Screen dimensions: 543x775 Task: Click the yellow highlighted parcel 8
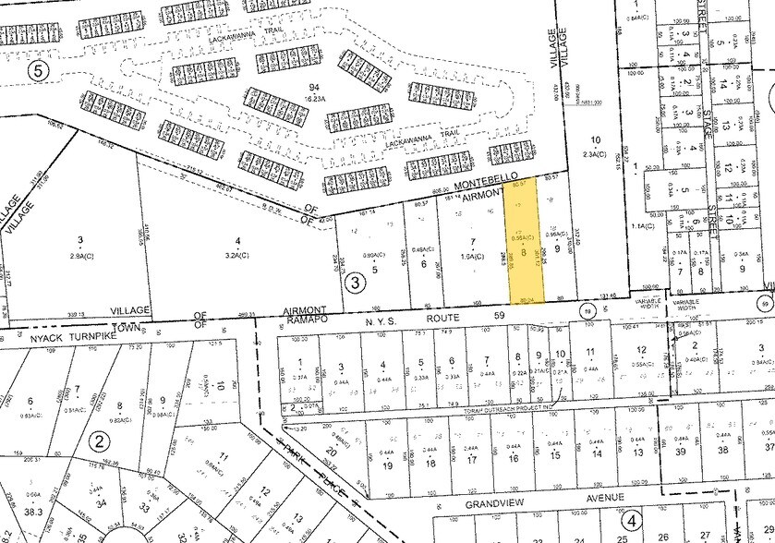click(527, 249)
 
